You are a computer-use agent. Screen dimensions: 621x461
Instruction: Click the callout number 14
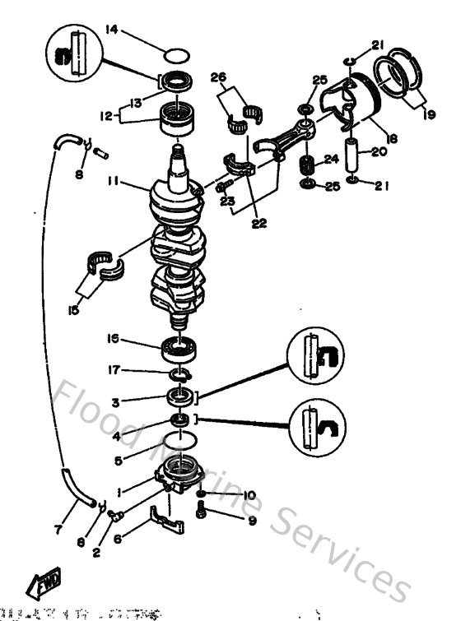(x=113, y=30)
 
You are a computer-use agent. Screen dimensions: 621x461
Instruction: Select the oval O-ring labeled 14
(x=176, y=56)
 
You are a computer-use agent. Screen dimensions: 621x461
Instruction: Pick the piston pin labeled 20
(x=354, y=154)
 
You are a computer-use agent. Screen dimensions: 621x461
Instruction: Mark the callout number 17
(x=114, y=371)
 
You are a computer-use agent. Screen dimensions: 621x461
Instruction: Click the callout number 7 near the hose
(x=58, y=531)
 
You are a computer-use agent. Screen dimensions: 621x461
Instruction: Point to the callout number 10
(x=249, y=494)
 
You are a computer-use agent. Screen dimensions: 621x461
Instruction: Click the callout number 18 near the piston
(x=392, y=139)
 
